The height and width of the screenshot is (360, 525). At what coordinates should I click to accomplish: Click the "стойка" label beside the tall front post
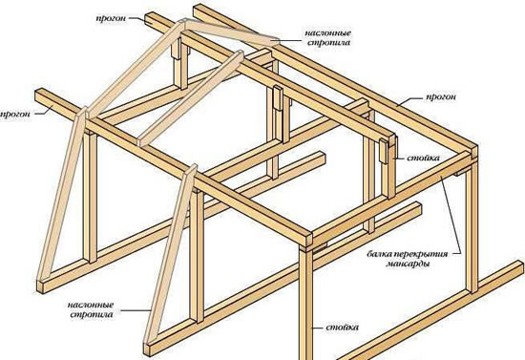tap(342, 328)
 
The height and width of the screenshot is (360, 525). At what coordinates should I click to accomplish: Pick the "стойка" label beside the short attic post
tap(423, 158)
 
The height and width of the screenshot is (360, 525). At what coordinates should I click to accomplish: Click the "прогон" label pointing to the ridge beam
tap(111, 18)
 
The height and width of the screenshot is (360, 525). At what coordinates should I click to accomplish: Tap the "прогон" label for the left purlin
tap(14, 114)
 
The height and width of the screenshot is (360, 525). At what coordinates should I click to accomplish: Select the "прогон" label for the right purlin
tap(441, 97)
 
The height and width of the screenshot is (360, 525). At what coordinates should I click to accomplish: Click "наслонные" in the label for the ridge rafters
tap(327, 33)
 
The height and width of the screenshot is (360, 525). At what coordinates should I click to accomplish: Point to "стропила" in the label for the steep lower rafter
tap(92, 315)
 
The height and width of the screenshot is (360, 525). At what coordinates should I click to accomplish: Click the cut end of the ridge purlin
tap(151, 18)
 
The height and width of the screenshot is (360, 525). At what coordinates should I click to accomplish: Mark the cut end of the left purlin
tap(40, 96)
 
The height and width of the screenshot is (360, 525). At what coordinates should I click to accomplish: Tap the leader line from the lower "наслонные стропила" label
tap(136, 310)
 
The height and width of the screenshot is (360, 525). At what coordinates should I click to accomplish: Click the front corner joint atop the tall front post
tap(307, 240)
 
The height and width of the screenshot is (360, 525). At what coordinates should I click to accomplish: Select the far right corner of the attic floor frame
tap(472, 150)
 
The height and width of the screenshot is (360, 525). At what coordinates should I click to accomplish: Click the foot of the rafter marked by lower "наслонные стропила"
tap(147, 349)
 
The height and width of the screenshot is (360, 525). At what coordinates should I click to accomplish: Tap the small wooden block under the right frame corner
tap(461, 173)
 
